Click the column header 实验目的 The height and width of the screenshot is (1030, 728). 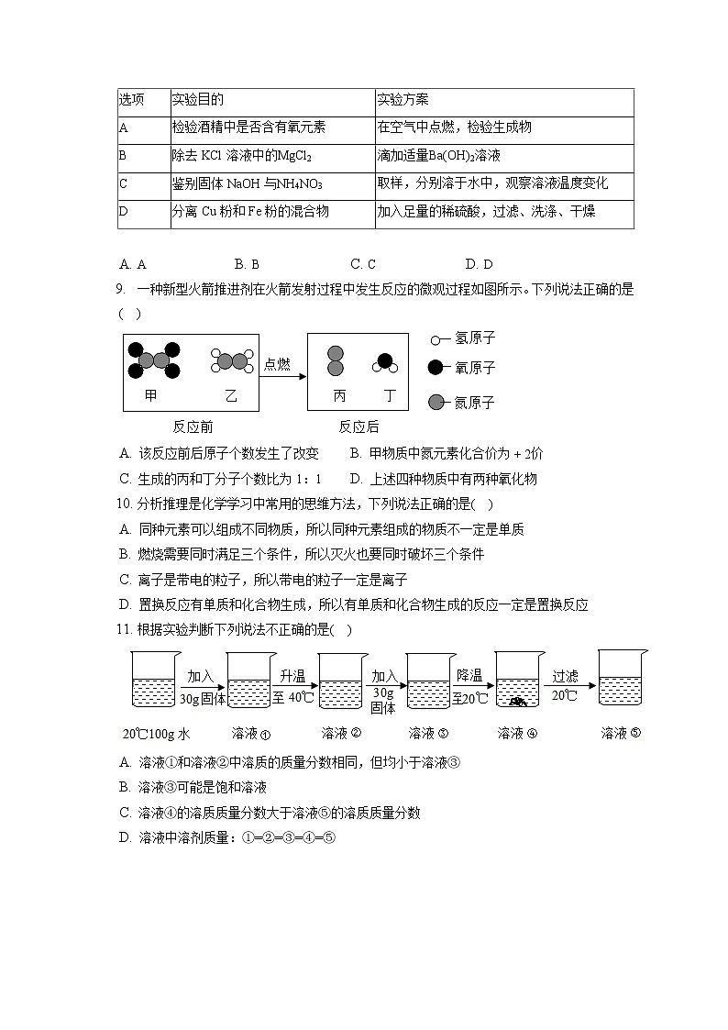click(197, 100)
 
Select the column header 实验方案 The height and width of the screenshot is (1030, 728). click(403, 100)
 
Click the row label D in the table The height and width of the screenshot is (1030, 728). click(123, 212)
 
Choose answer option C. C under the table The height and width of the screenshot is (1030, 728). click(363, 264)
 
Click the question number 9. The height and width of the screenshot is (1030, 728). click(120, 289)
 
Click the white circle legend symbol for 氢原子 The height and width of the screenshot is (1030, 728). click(436, 340)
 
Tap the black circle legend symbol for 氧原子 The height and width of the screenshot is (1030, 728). click(436, 368)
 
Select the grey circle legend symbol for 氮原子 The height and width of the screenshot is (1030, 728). click(436, 402)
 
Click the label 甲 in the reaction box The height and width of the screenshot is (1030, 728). click(151, 395)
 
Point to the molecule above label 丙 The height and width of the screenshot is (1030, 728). click(336, 361)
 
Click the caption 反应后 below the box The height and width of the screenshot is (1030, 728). click(358, 426)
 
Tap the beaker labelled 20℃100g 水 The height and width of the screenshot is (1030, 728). click(154, 681)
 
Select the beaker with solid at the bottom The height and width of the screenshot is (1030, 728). click(519, 681)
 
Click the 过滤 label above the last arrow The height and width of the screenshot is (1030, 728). click(565, 676)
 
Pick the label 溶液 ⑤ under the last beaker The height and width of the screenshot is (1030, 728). click(622, 733)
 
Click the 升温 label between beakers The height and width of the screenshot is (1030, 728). click(292, 676)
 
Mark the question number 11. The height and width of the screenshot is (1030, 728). click(125, 630)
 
